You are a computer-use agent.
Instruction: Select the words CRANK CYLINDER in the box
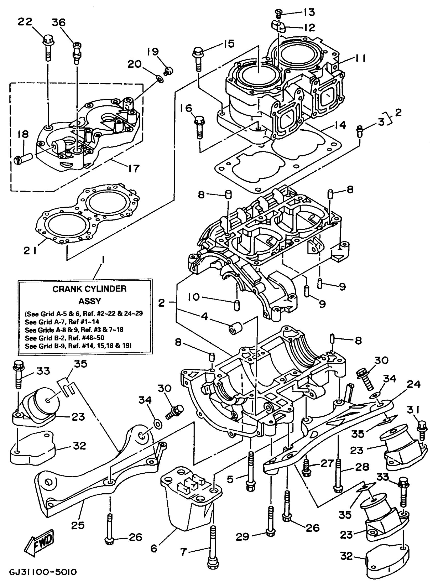point(89,289)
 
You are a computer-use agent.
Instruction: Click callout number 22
point(25,21)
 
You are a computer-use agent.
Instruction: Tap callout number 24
point(414,384)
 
